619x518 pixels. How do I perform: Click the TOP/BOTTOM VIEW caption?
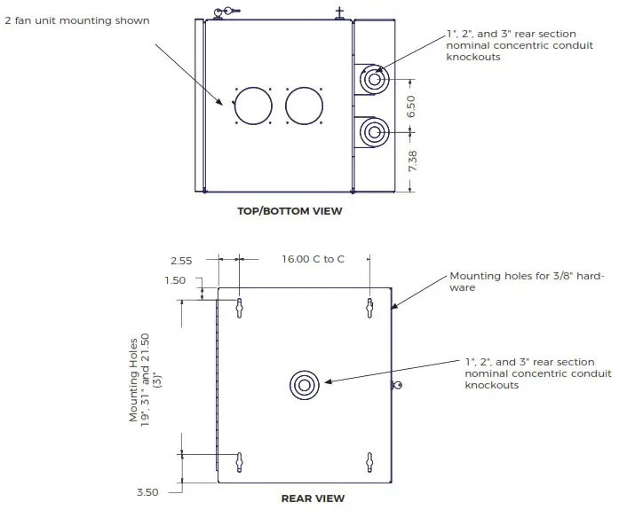289,211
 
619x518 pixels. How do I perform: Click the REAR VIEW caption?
313,498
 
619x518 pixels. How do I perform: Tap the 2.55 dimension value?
181,260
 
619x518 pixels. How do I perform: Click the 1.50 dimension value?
175,279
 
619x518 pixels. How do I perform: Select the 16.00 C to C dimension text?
313,260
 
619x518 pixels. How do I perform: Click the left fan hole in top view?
253,106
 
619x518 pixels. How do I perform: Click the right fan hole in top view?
303,106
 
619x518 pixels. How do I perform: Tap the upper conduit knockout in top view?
373,81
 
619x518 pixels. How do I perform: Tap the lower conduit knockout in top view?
373,134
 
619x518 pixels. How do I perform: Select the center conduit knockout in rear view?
304,385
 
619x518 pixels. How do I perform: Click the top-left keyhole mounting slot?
240,307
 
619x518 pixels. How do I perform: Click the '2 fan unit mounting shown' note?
77,20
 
